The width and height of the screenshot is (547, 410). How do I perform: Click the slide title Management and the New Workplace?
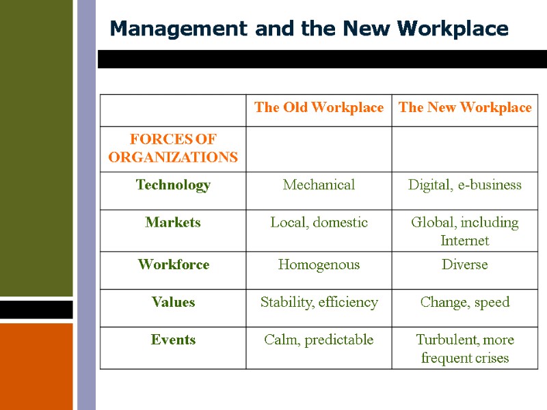click(x=309, y=29)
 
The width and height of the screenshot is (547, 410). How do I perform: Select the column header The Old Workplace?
click(x=319, y=108)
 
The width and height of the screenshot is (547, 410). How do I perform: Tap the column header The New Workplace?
click(x=465, y=108)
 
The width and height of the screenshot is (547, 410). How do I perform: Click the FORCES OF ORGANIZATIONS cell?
click(x=173, y=148)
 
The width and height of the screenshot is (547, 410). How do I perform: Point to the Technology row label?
click(x=173, y=185)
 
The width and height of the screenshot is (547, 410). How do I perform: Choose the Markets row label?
click(x=173, y=223)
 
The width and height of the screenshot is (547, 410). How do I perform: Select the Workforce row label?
click(x=173, y=264)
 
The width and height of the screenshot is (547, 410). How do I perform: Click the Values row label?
click(x=173, y=302)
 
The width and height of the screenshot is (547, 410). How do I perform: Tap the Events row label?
click(x=173, y=340)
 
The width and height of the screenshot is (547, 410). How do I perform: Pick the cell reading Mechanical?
click(x=319, y=185)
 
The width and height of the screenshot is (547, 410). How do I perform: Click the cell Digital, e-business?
click(x=465, y=185)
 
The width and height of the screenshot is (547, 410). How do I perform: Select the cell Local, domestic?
click(x=319, y=223)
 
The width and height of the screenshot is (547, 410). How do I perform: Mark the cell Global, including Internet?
click(x=465, y=231)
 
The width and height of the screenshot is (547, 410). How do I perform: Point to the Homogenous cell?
click(x=319, y=264)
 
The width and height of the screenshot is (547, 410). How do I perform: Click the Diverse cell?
click(x=465, y=264)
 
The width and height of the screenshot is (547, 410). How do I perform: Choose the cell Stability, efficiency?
click(x=319, y=302)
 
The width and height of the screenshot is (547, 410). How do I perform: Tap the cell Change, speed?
click(x=465, y=302)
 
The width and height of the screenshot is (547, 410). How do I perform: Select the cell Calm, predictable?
click(x=319, y=340)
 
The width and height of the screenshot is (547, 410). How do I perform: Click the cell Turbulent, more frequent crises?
click(x=465, y=348)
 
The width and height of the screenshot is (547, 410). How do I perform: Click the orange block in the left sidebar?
click(x=36, y=366)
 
